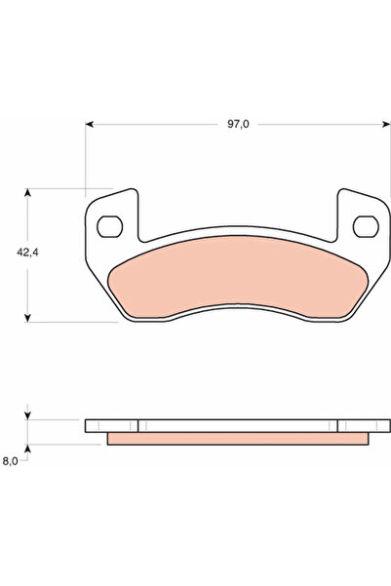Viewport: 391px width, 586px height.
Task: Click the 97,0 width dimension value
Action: pyautogui.click(x=238, y=124)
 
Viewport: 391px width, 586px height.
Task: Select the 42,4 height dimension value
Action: pyautogui.click(x=27, y=253)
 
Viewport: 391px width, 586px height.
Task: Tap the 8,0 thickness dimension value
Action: pyautogui.click(x=10, y=461)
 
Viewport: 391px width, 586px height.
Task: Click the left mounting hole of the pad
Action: pyautogui.click(x=109, y=226)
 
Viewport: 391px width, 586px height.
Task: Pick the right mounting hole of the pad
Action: pyautogui.click(x=366, y=226)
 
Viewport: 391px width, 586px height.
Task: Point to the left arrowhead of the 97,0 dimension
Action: pyautogui.click(x=90, y=124)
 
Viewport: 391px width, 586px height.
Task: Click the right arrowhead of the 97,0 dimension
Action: pyautogui.click(x=386, y=124)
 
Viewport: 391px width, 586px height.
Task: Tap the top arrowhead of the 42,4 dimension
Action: pyautogui.click(x=27, y=192)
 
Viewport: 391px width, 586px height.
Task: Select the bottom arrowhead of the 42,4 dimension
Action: pyautogui.click(x=27, y=318)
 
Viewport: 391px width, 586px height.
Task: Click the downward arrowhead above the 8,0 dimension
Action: pyautogui.click(x=27, y=415)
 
